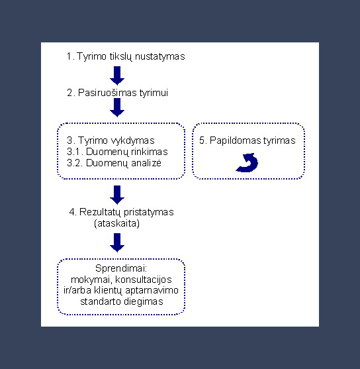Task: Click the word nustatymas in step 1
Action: [x=160, y=57]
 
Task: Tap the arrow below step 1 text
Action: [x=117, y=76]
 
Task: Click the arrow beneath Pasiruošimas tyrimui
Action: [x=117, y=107]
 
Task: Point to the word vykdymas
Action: [x=132, y=140]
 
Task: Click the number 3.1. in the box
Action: [x=75, y=152]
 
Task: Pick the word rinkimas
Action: [x=150, y=152]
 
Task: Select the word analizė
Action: [x=146, y=163]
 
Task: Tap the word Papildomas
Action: [x=236, y=140]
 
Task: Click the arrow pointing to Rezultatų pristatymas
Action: [x=117, y=195]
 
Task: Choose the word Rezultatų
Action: [x=101, y=212]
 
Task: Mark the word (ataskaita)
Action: [x=117, y=223]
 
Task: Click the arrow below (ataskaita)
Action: [x=117, y=242]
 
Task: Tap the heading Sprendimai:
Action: [x=121, y=268]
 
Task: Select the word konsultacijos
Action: [x=144, y=280]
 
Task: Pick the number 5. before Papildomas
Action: [x=203, y=140]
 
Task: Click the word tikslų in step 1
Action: [x=120, y=57]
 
